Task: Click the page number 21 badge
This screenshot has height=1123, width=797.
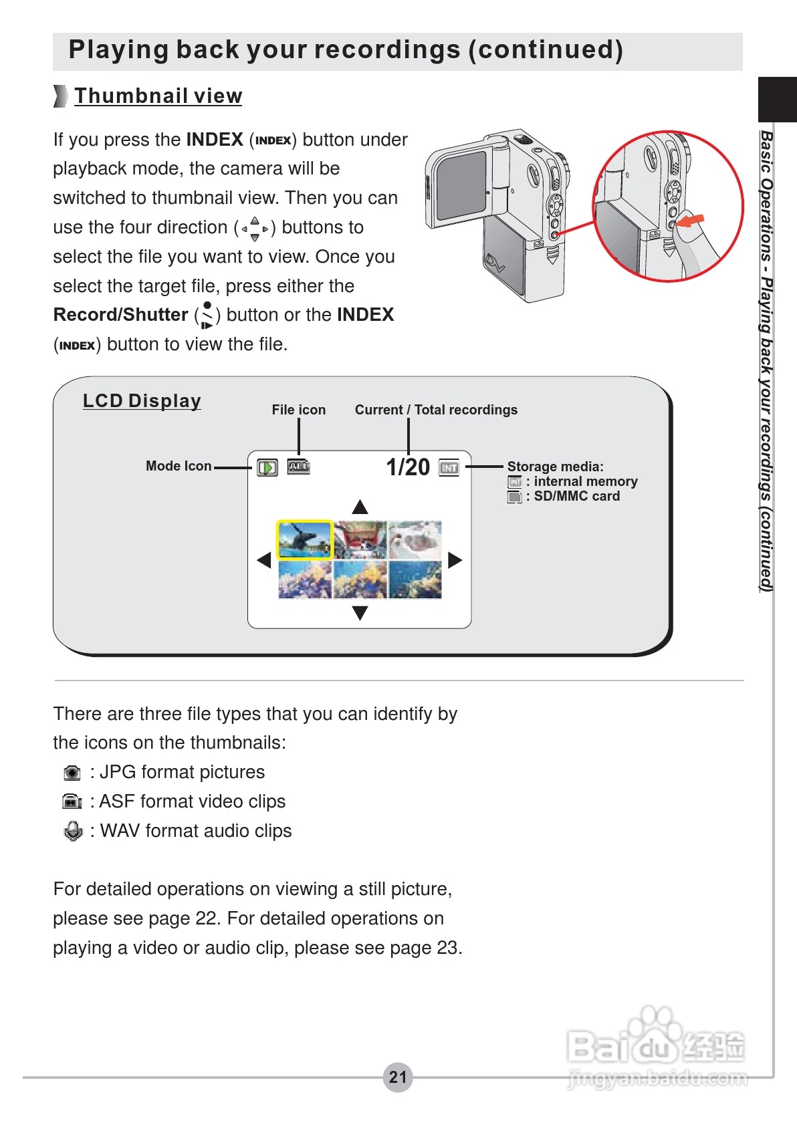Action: (x=398, y=1077)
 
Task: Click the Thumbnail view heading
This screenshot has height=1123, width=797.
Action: (x=158, y=96)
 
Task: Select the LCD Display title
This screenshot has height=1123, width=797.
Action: (x=142, y=401)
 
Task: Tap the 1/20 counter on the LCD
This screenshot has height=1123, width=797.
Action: (x=408, y=467)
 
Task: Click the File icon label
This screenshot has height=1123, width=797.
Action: (x=298, y=410)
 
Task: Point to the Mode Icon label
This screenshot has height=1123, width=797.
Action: (x=179, y=466)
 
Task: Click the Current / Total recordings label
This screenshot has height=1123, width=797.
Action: (x=436, y=410)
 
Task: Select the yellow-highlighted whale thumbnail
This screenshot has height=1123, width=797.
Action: (x=305, y=540)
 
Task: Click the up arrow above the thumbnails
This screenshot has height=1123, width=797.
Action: (x=360, y=506)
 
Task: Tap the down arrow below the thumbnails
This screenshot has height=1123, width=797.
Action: (x=360, y=613)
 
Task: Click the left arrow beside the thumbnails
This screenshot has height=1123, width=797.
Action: (x=264, y=560)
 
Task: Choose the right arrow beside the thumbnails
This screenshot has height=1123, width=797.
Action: (x=455, y=560)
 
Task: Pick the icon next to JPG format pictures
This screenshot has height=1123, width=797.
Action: (x=72, y=773)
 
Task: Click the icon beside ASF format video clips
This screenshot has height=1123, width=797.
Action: (x=72, y=802)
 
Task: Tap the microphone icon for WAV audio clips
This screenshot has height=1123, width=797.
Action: (x=73, y=831)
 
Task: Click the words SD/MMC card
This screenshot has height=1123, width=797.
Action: (x=576, y=496)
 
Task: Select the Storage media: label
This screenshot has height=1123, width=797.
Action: (x=555, y=467)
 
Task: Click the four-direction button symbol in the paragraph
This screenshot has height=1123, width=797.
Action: (x=255, y=229)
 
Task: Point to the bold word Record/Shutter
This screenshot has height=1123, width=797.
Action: (x=121, y=315)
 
